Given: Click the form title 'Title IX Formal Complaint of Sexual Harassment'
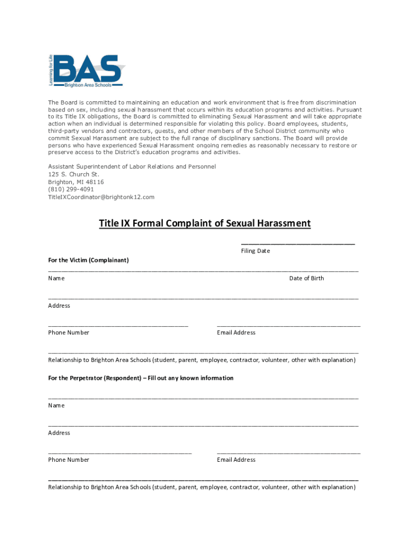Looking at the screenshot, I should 204,223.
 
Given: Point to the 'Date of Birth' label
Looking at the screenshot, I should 306,278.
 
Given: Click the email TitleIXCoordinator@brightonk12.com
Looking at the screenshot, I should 101,197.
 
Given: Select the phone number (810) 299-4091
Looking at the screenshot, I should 71,189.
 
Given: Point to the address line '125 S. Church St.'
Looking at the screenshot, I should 73,174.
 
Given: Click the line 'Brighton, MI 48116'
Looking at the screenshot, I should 76,182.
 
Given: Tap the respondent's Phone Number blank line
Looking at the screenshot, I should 120,452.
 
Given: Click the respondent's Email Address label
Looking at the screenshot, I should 236,460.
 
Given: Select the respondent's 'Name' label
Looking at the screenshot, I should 56,405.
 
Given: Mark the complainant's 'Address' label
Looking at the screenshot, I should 59,306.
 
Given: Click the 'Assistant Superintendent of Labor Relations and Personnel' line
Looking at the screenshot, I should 132,167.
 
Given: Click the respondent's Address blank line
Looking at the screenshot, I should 203,425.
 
